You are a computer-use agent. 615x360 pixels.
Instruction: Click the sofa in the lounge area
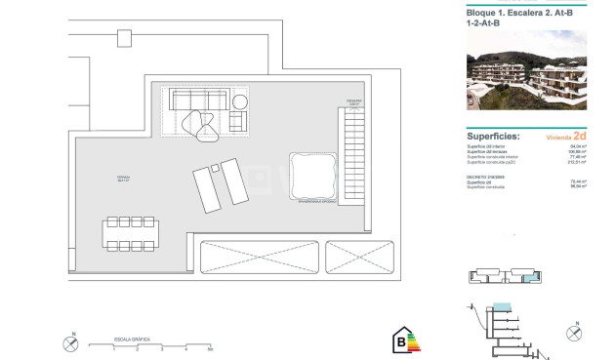(x=199, y=100)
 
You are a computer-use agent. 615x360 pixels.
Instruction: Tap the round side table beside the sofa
(x=241, y=100)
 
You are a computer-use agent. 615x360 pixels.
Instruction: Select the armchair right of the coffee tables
(x=238, y=121)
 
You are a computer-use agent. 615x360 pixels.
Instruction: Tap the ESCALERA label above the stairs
(x=354, y=100)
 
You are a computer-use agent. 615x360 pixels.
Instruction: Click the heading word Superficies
(x=494, y=137)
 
